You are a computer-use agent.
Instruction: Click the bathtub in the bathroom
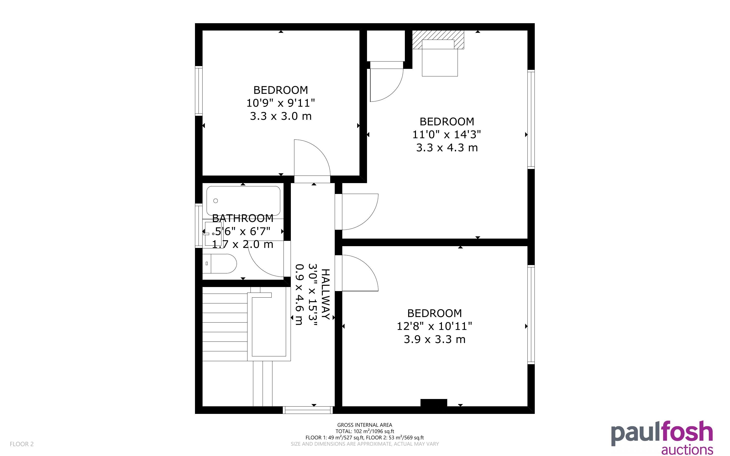point(243,201)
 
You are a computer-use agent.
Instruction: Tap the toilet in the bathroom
point(219,264)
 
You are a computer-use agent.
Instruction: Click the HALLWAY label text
point(326,294)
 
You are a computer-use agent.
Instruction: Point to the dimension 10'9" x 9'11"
point(281,103)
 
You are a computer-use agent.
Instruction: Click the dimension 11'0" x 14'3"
point(446,134)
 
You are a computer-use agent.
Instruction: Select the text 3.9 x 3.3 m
point(435,339)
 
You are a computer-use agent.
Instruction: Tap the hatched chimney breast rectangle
point(438,40)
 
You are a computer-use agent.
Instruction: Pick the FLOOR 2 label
point(22,444)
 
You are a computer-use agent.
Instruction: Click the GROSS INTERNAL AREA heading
point(364,425)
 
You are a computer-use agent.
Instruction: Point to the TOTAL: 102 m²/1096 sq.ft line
point(364,431)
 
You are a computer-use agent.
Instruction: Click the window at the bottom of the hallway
point(307,410)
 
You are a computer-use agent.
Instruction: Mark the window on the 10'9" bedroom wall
point(199,91)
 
